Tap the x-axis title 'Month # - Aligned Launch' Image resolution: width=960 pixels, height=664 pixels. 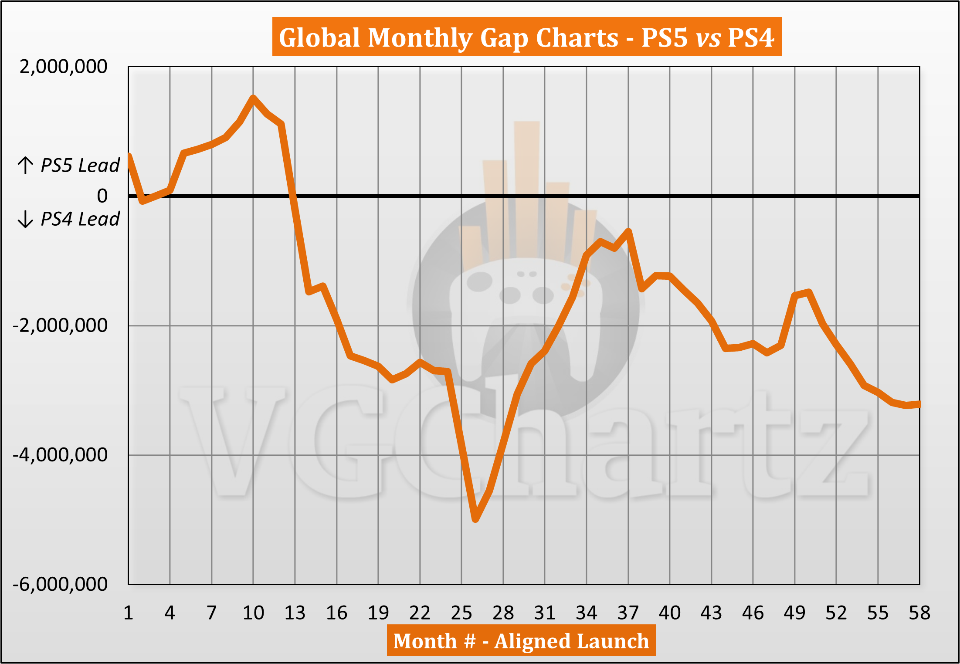tap(521, 641)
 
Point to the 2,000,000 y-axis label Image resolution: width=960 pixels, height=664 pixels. tap(63, 67)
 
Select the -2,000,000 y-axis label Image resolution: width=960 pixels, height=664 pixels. tap(60, 325)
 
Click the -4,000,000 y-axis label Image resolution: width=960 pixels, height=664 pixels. tap(60, 454)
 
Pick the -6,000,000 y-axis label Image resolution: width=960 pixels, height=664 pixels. tap(60, 584)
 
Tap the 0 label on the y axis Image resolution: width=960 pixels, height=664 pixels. tap(102, 196)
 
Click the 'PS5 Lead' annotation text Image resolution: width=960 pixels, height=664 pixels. tap(80, 166)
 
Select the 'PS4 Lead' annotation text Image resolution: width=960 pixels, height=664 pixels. tap(80, 219)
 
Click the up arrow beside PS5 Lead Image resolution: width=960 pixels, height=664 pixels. tap(25, 166)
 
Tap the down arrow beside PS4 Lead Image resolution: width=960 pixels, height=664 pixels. tap(25, 219)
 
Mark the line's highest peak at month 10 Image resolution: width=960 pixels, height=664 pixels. tap(253, 98)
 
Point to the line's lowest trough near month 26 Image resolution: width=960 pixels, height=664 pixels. tap(475, 519)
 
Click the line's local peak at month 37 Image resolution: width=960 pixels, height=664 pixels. tap(628, 231)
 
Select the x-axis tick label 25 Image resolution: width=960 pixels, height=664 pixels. tap(461, 613)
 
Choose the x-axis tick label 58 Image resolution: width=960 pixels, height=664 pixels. tap(919, 613)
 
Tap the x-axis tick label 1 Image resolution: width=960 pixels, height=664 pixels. tap(128, 613)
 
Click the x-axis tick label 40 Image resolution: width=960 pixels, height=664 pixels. tap(670, 613)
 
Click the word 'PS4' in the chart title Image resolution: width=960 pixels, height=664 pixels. tap(750, 37)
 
